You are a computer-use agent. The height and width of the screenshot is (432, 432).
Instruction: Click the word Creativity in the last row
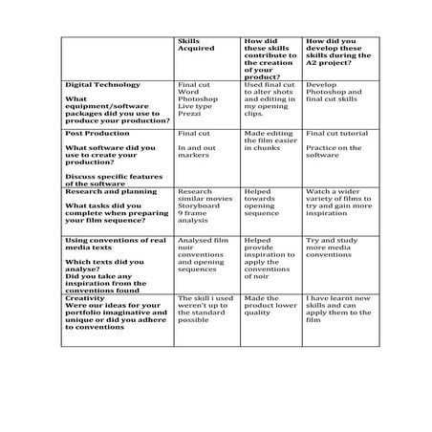point(88,298)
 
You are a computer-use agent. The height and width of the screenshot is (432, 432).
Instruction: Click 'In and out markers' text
point(197,152)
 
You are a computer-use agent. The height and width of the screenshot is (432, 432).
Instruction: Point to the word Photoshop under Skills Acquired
point(198,99)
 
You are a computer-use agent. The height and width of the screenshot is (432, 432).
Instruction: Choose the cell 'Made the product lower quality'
point(268,306)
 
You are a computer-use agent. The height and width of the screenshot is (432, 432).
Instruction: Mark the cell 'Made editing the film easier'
point(269,141)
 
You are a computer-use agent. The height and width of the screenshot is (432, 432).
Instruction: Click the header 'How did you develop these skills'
point(332,54)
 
